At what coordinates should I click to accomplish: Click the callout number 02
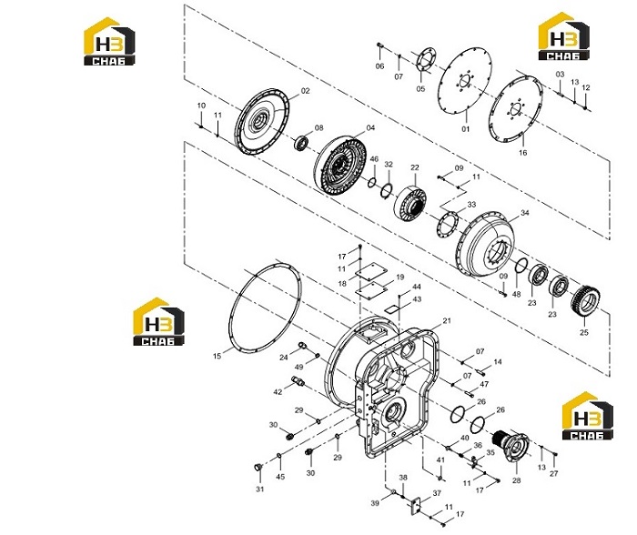click(x=305, y=91)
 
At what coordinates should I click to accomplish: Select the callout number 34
click(x=525, y=213)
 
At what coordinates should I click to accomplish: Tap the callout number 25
click(x=584, y=332)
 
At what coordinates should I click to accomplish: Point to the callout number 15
click(x=217, y=357)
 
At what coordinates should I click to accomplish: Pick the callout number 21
click(x=447, y=320)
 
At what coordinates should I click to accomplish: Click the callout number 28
click(x=516, y=480)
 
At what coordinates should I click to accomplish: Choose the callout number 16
click(x=523, y=152)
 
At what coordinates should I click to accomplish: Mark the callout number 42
click(x=278, y=392)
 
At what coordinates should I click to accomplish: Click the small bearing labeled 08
click(x=301, y=144)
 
